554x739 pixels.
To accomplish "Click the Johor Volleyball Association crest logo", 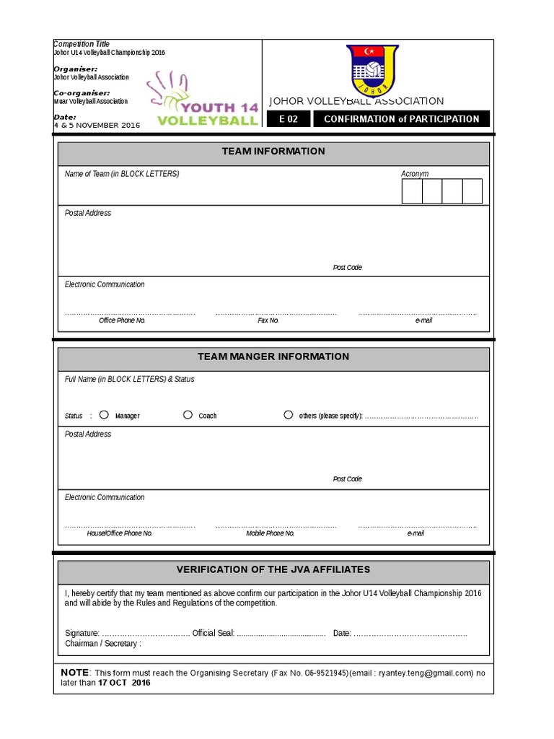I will click(372, 70).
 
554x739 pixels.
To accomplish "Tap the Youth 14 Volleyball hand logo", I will click(203, 100).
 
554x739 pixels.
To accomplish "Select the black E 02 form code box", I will click(288, 119).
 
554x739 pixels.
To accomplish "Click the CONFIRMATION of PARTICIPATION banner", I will click(401, 119).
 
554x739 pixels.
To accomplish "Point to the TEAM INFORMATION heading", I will click(273, 152).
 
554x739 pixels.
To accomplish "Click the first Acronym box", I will click(412, 192).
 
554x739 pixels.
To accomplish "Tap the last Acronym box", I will click(472, 192).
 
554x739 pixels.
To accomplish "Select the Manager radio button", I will click(104, 415).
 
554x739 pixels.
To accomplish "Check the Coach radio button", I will click(188, 415).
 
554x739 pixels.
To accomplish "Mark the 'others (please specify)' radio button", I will click(288, 415).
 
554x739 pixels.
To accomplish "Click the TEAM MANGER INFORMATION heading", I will click(273, 357).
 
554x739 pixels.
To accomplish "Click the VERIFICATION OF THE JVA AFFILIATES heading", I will click(273, 569).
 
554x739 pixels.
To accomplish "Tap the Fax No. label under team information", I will click(268, 320).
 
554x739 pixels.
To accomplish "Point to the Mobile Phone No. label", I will click(271, 533).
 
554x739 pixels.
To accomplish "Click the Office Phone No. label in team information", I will click(122, 320).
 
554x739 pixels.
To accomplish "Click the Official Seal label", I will click(214, 634).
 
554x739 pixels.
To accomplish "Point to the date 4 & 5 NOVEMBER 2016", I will click(97, 125).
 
